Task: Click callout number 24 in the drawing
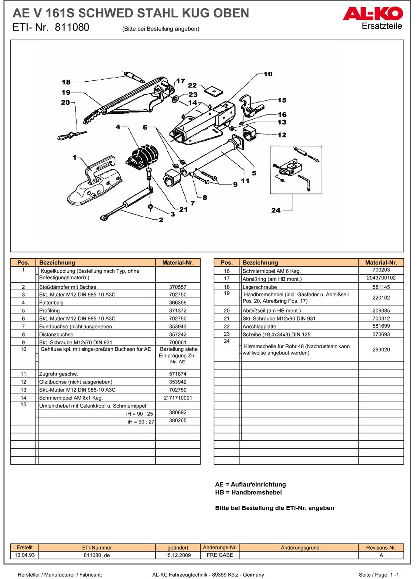(276, 211)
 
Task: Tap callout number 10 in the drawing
(268, 74)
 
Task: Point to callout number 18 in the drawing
(66, 82)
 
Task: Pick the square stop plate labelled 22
(215, 91)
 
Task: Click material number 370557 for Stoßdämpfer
(177, 287)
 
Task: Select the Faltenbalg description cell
(96, 303)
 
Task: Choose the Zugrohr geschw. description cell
(96, 374)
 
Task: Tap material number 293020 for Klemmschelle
(381, 349)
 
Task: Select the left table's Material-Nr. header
(177, 263)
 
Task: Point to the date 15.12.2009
(177, 555)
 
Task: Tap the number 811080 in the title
(73, 28)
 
